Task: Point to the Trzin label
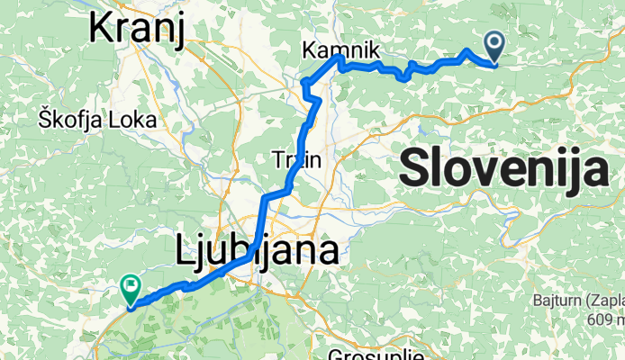pos(296,160)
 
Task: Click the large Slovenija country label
pos(503,168)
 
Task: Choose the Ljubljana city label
pos(254,250)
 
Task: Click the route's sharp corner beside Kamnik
pos(340,57)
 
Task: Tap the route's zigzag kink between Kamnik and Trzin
pos(308,86)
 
